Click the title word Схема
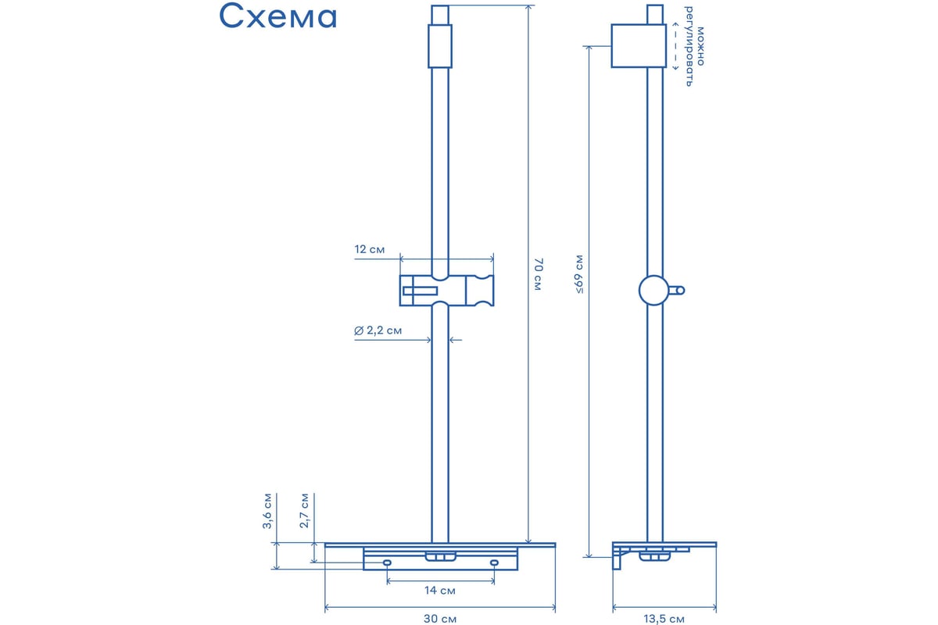277,16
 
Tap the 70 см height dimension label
538,274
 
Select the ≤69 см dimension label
579,274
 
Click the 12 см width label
369,249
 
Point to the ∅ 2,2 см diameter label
378,330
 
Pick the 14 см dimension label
439,591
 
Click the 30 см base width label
439,619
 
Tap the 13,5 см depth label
664,619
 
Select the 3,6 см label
267,511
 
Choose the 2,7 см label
304,510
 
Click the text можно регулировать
695,46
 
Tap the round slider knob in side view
653,290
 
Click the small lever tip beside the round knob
681,290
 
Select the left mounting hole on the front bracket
388,562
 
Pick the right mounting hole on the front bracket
494,562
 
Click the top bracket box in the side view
639,45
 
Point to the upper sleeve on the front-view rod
439,46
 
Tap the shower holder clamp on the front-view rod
447,291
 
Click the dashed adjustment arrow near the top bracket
675,46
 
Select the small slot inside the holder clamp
420,291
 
